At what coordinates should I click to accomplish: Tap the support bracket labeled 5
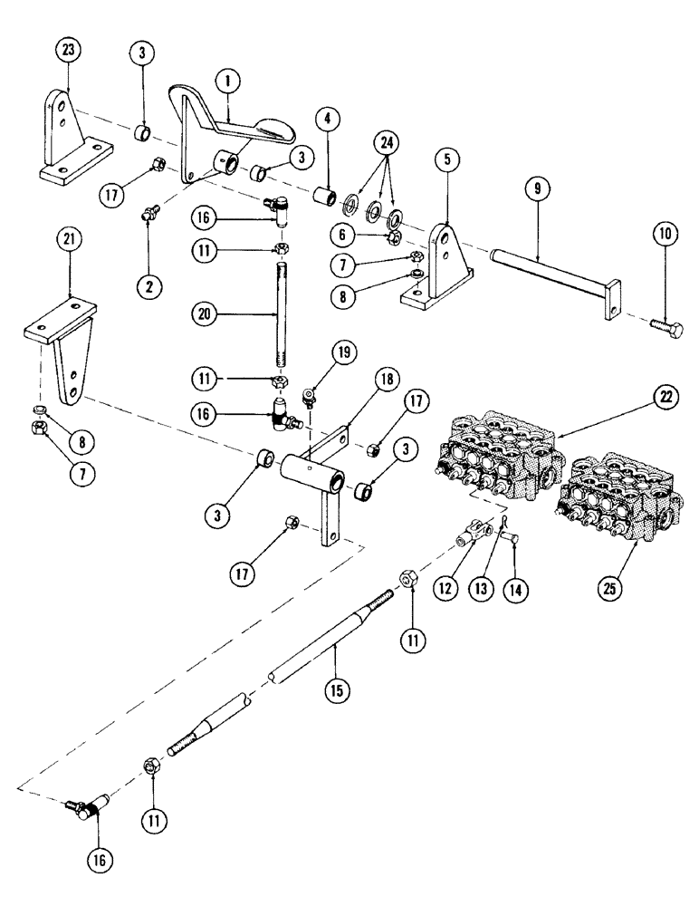(x=441, y=263)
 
